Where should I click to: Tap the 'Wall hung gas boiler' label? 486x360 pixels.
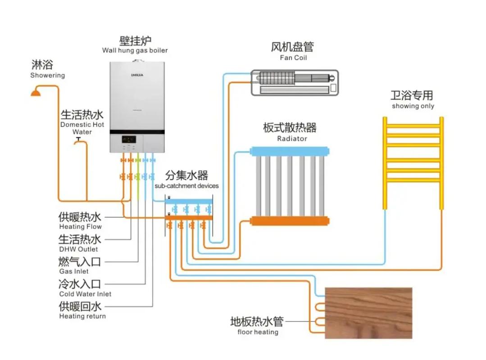pyautogui.click(x=135, y=50)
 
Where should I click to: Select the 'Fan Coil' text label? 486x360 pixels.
pyautogui.click(x=293, y=58)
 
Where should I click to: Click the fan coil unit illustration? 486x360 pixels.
pyautogui.click(x=295, y=82)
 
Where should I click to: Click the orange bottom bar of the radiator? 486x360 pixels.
pyautogui.click(x=290, y=221)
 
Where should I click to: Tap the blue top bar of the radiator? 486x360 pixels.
pyautogui.click(x=290, y=151)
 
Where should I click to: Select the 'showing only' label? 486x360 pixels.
pyautogui.click(x=413, y=106)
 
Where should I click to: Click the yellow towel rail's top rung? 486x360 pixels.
pyautogui.click(x=413, y=126)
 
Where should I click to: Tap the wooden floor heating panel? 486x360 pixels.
pyautogui.click(x=368, y=313)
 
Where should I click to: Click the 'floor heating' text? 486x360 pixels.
pyautogui.click(x=258, y=332)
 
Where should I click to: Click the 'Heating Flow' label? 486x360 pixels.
pyautogui.click(x=81, y=227)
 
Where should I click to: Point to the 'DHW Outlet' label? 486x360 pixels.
pyautogui.click(x=78, y=249)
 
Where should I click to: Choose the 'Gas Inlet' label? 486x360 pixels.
pyautogui.click(x=74, y=271)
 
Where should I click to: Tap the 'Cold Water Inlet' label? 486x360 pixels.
pyautogui.click(x=85, y=294)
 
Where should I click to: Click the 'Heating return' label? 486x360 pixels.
pyautogui.click(x=82, y=316)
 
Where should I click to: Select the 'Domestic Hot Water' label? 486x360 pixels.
pyautogui.click(x=82, y=128)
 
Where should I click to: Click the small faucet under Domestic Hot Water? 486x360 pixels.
pyautogui.click(x=78, y=140)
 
